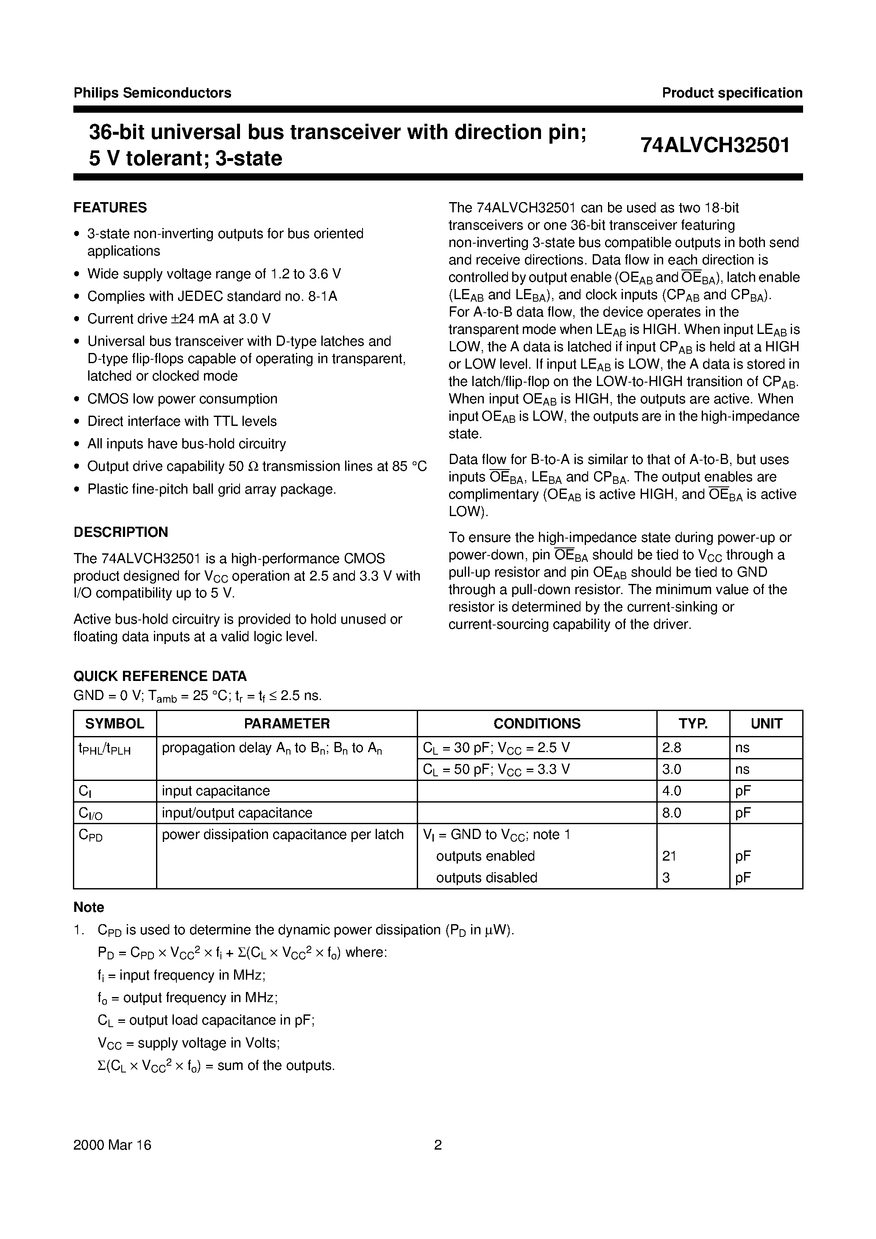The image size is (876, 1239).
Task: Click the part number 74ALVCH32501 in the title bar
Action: [x=715, y=145]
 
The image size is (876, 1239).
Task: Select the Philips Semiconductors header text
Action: [x=152, y=93]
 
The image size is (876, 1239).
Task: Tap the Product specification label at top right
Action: [x=732, y=93]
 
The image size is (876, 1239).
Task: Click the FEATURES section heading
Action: [x=110, y=208]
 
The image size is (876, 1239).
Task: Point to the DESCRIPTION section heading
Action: [x=120, y=532]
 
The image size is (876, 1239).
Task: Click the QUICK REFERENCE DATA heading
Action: [x=160, y=676]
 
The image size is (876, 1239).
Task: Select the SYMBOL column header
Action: [x=114, y=724]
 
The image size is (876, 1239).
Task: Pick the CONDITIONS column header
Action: [x=536, y=724]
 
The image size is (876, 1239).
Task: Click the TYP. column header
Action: [x=693, y=724]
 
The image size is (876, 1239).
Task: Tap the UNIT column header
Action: [x=766, y=724]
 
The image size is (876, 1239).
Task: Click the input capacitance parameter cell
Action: [x=216, y=791]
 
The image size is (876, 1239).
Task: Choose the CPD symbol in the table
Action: [x=90, y=835]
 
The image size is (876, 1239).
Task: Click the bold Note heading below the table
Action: [x=89, y=908]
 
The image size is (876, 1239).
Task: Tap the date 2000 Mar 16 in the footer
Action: [x=112, y=1145]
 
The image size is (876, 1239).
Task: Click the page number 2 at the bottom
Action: [x=438, y=1145]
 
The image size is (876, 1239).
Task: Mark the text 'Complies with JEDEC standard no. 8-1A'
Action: [x=212, y=296]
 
